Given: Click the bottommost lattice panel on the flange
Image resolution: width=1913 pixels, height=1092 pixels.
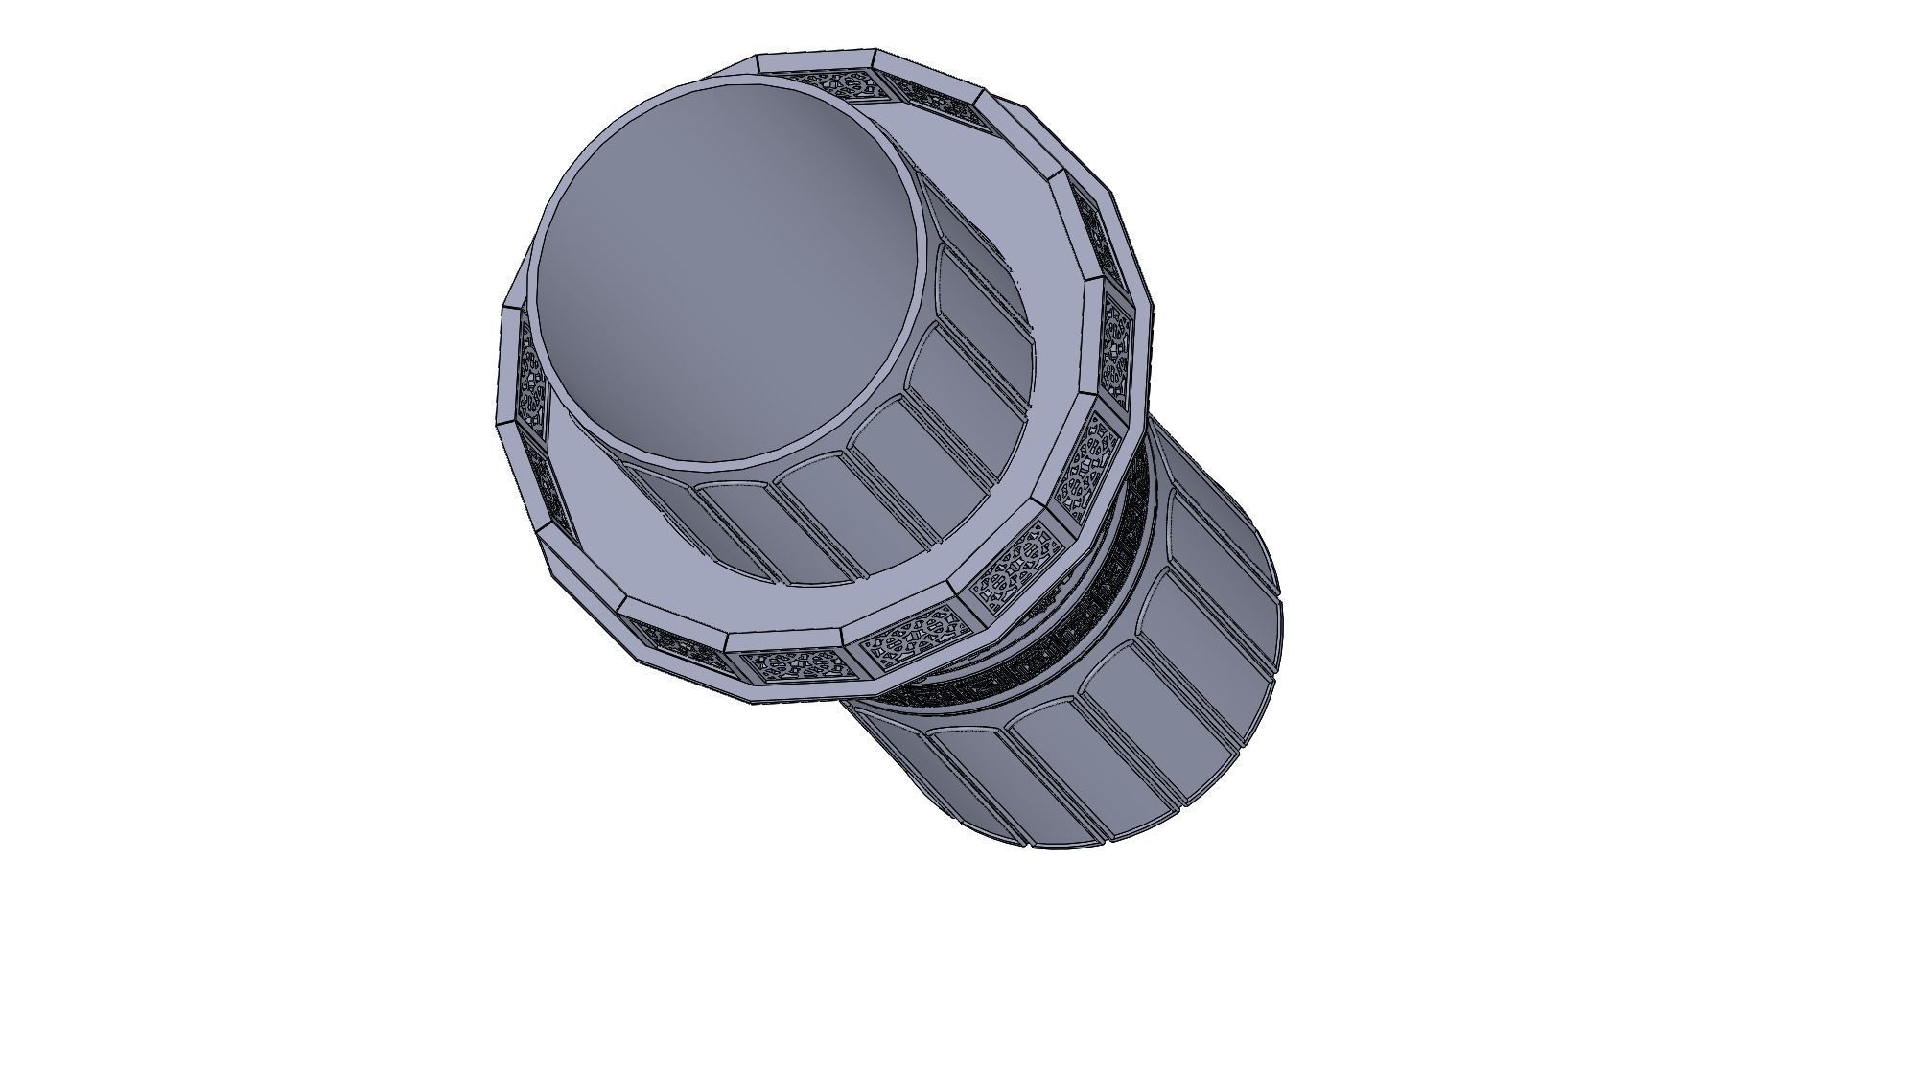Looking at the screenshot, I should (x=792, y=665).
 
